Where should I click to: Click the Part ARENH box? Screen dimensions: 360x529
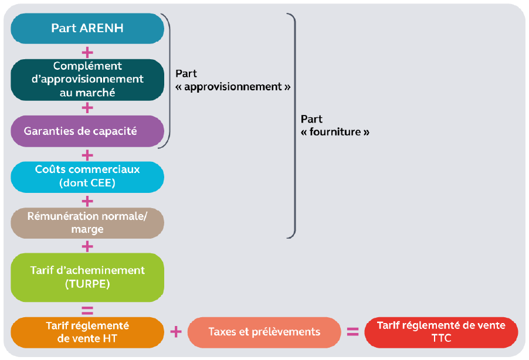[x=87, y=28]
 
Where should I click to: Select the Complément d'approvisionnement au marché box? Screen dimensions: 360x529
[x=87, y=79]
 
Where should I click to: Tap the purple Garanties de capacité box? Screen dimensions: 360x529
[x=87, y=131]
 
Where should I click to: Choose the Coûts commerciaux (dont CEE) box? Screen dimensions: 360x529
[x=87, y=176]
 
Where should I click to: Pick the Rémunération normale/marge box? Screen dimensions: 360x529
[x=87, y=222]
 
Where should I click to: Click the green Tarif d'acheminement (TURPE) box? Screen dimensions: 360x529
[x=87, y=277]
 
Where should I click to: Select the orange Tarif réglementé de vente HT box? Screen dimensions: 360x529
[x=87, y=332]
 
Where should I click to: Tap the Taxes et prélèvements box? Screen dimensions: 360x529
[x=264, y=332]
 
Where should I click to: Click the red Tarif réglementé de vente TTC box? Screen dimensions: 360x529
[x=441, y=332]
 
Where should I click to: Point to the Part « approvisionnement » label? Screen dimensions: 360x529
[x=233, y=80]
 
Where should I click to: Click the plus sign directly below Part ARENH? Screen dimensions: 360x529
[x=87, y=52]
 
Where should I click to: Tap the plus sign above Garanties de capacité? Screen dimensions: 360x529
[x=87, y=108]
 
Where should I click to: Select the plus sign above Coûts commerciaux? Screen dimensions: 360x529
[x=87, y=155]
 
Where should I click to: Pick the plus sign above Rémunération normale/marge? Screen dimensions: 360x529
[x=87, y=201]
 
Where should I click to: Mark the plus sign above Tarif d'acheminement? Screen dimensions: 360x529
[x=87, y=246]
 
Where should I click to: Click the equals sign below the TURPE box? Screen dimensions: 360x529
[x=87, y=310]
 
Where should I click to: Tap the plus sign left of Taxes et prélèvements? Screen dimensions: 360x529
[x=175, y=332]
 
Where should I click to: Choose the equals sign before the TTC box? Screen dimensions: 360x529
[x=352, y=332]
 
